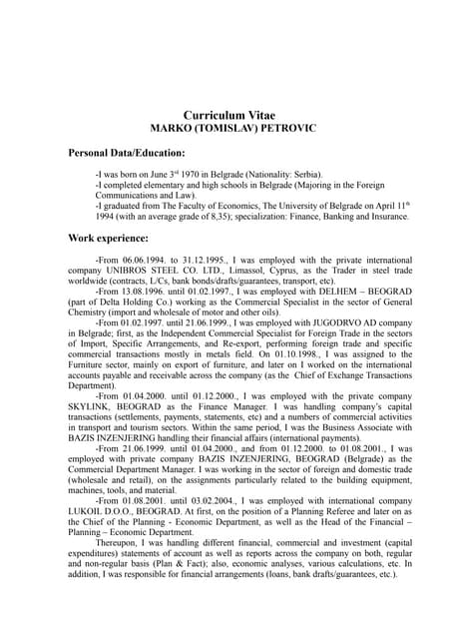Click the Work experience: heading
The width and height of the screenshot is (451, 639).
(108, 239)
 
